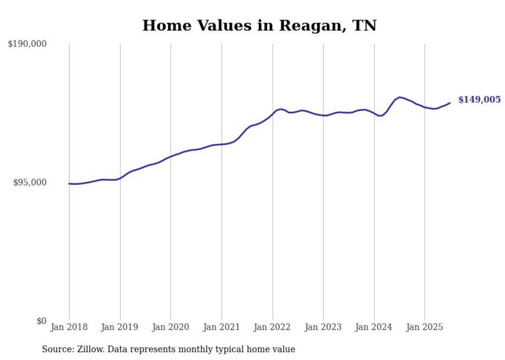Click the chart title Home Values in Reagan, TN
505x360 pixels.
tap(259, 25)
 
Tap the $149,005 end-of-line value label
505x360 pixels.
tap(479, 99)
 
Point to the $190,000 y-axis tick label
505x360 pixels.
tap(27, 44)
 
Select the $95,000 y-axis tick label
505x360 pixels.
tap(29, 182)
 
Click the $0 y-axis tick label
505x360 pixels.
tap(41, 321)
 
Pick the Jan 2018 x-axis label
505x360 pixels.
tap(69, 327)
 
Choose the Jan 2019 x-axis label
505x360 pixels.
tap(120, 327)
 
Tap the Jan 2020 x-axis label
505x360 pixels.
tap(171, 327)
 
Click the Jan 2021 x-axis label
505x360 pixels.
tap(222, 327)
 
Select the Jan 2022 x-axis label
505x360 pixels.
tap(273, 327)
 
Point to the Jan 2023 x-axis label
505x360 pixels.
tap(323, 327)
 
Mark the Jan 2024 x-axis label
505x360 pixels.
tap(374, 327)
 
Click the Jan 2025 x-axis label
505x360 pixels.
tap(425, 327)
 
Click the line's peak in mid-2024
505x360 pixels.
tap(399, 97)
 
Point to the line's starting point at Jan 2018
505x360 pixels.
tap(69, 183)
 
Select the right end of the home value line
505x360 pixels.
tap(450, 103)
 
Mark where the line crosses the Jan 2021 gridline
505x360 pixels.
tap(222, 144)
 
